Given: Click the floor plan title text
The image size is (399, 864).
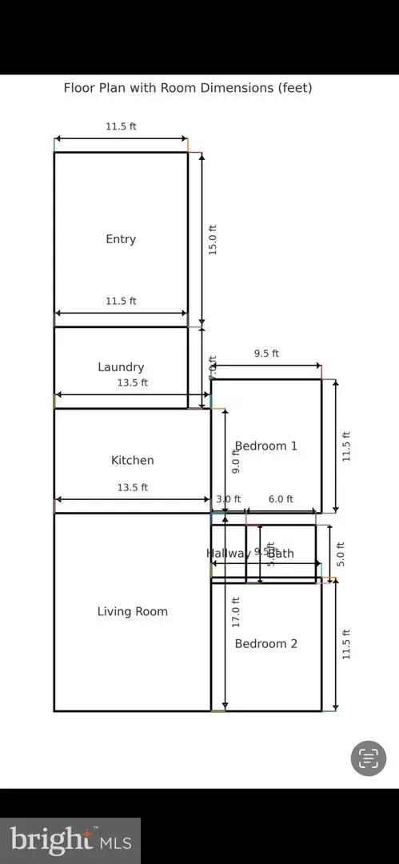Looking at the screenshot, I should coord(188,88).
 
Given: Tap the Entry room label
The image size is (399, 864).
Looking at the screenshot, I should coord(121,239).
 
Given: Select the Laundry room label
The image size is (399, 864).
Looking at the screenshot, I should coord(121,367).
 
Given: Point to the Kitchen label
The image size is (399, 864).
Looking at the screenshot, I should coord(132,460).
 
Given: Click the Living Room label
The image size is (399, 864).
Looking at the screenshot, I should coord(132,612).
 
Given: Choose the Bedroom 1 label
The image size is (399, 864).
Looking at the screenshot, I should coord(265,446).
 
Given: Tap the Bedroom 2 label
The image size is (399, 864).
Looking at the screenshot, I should coord(265,643).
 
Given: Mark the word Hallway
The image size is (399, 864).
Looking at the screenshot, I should coord(226,554).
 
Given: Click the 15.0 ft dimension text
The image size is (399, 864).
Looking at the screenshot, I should coord(213,239).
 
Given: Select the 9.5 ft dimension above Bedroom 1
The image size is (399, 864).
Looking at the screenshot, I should coord(266,354).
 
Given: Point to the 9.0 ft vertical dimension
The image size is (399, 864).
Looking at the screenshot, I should coord(236,462).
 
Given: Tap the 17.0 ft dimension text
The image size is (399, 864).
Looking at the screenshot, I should coord(236,612).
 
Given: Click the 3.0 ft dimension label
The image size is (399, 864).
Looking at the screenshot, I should coord(228,499).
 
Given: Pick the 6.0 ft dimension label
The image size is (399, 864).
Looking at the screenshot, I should coord(281,499).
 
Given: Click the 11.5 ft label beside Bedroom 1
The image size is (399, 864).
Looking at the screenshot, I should coord(346,446).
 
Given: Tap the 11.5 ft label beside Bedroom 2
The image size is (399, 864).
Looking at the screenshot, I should coord(346,643).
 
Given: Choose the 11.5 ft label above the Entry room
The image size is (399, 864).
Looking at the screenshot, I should coord(121,126).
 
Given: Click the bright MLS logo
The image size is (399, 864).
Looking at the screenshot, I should coord(70,840).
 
